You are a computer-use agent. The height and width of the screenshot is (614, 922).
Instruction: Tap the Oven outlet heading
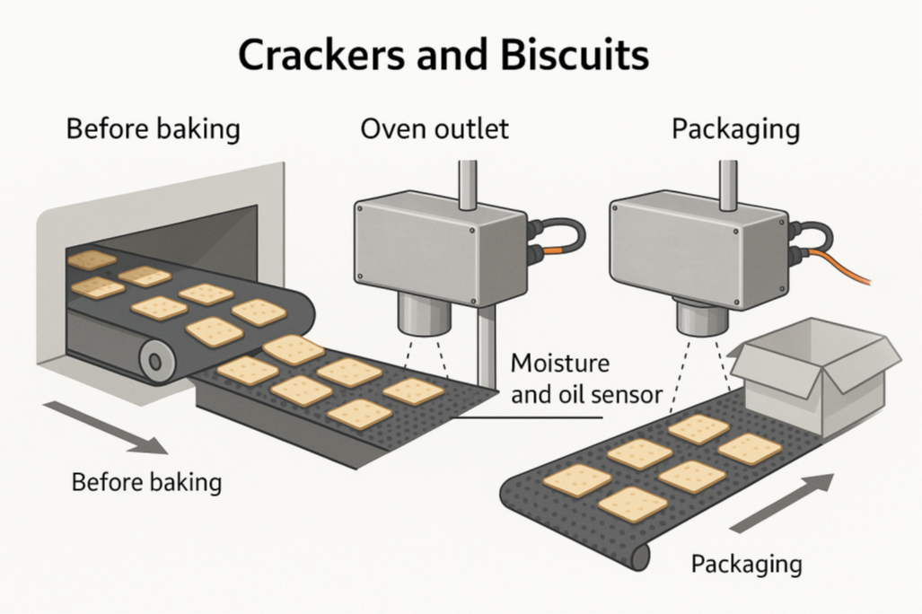click(x=435, y=128)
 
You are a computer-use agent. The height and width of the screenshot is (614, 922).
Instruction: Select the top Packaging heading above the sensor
click(x=735, y=128)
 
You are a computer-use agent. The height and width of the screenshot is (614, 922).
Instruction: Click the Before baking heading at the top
click(x=154, y=128)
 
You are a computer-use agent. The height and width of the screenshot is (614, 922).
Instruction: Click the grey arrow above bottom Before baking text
click(x=104, y=426)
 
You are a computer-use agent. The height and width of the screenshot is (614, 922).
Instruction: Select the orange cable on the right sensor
click(x=847, y=268)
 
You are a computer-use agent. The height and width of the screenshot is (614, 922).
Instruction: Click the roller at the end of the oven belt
click(x=155, y=362)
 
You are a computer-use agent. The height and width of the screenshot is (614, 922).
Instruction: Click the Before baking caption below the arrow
click(x=146, y=482)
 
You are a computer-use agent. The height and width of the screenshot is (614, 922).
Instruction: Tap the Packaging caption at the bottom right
click(x=746, y=565)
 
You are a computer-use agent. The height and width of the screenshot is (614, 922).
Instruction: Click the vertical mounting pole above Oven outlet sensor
click(x=468, y=184)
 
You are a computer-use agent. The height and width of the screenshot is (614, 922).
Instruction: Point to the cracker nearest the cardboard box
click(x=749, y=448)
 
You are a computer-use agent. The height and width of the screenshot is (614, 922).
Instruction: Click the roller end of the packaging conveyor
click(x=639, y=557)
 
